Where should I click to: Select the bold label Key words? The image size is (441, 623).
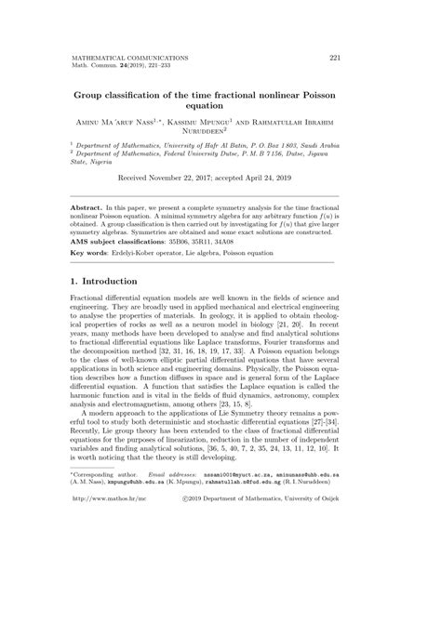(x=90, y=253)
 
